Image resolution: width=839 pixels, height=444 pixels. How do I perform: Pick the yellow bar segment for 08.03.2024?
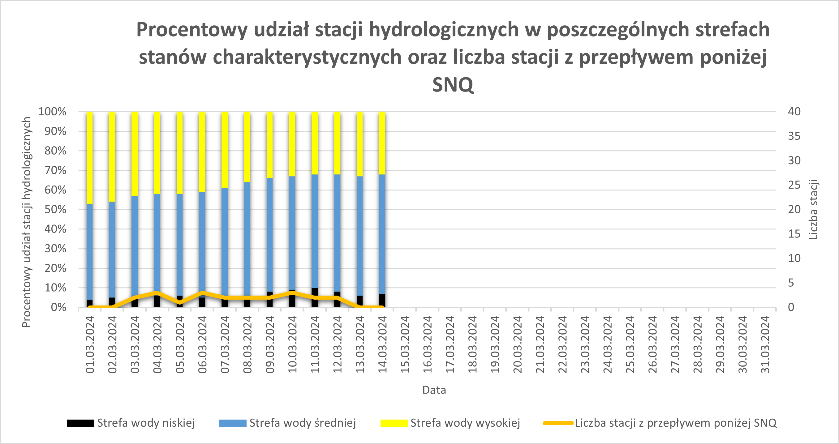coord(247,147)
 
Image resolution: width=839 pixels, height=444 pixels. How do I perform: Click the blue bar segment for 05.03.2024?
coord(179,244)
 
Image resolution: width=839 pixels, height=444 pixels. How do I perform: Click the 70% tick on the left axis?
coord(55,170)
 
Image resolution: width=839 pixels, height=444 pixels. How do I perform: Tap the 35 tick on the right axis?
coord(794,136)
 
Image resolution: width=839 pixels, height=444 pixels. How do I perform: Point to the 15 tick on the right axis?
coord(794,234)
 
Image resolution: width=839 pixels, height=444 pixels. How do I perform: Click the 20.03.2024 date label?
coord(517,344)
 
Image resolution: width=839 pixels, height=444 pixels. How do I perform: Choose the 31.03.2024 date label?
coord(765,344)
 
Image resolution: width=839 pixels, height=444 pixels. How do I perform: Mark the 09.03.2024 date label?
coord(270,344)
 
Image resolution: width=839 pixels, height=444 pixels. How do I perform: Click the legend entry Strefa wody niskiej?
coord(146,423)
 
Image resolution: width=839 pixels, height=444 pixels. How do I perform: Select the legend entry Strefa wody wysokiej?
coord(465,423)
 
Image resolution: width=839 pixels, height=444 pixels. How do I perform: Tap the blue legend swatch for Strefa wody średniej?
coord(233,423)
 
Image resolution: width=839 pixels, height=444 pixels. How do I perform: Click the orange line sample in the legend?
coord(558,423)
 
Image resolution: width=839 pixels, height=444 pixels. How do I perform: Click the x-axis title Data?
coord(434,390)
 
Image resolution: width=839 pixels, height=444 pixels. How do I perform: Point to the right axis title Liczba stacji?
coord(814,209)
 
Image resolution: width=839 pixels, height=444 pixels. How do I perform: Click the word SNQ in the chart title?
coord(453,85)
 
